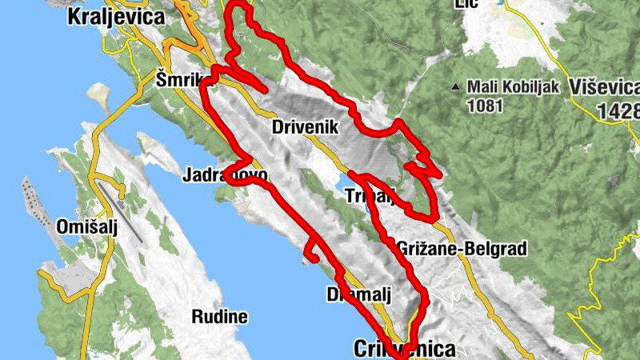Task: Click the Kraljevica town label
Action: [116, 16]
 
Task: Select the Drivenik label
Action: [306, 127]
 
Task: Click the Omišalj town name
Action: [87, 227]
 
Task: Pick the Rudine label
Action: [219, 317]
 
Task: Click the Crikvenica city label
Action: [405, 350]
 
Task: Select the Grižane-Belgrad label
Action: [462, 250]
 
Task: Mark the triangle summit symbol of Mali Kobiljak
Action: [455, 86]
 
